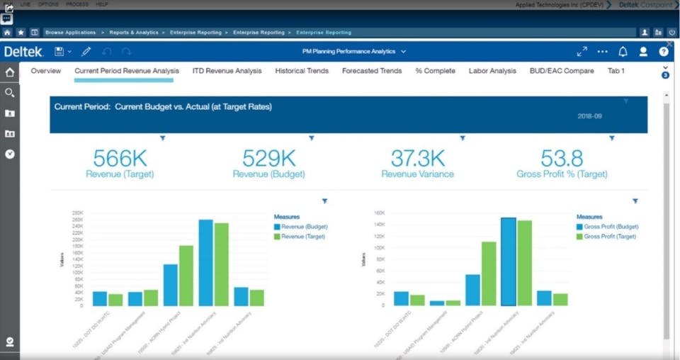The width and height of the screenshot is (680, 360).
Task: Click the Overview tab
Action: [x=46, y=71]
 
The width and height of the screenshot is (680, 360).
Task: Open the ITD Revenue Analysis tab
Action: [x=227, y=71]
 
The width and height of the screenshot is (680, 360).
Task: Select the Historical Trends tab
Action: [x=301, y=71]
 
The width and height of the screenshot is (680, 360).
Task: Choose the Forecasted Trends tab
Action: [x=372, y=71]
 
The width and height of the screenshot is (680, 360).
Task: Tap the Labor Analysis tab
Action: [x=492, y=71]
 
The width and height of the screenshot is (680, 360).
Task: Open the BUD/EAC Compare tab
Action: [x=562, y=71]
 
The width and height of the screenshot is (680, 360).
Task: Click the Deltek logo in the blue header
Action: [x=23, y=52]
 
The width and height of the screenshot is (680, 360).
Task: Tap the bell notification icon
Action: [x=623, y=52]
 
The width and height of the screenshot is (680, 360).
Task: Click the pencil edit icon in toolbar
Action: [x=86, y=52]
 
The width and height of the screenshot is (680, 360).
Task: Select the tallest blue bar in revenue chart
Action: [x=205, y=262]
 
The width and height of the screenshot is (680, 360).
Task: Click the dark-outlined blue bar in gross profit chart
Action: [x=508, y=261]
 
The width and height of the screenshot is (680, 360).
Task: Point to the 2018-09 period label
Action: [x=589, y=116]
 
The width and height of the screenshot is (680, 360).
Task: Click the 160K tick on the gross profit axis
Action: [x=378, y=213]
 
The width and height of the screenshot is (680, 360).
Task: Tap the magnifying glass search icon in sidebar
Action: [x=10, y=93]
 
